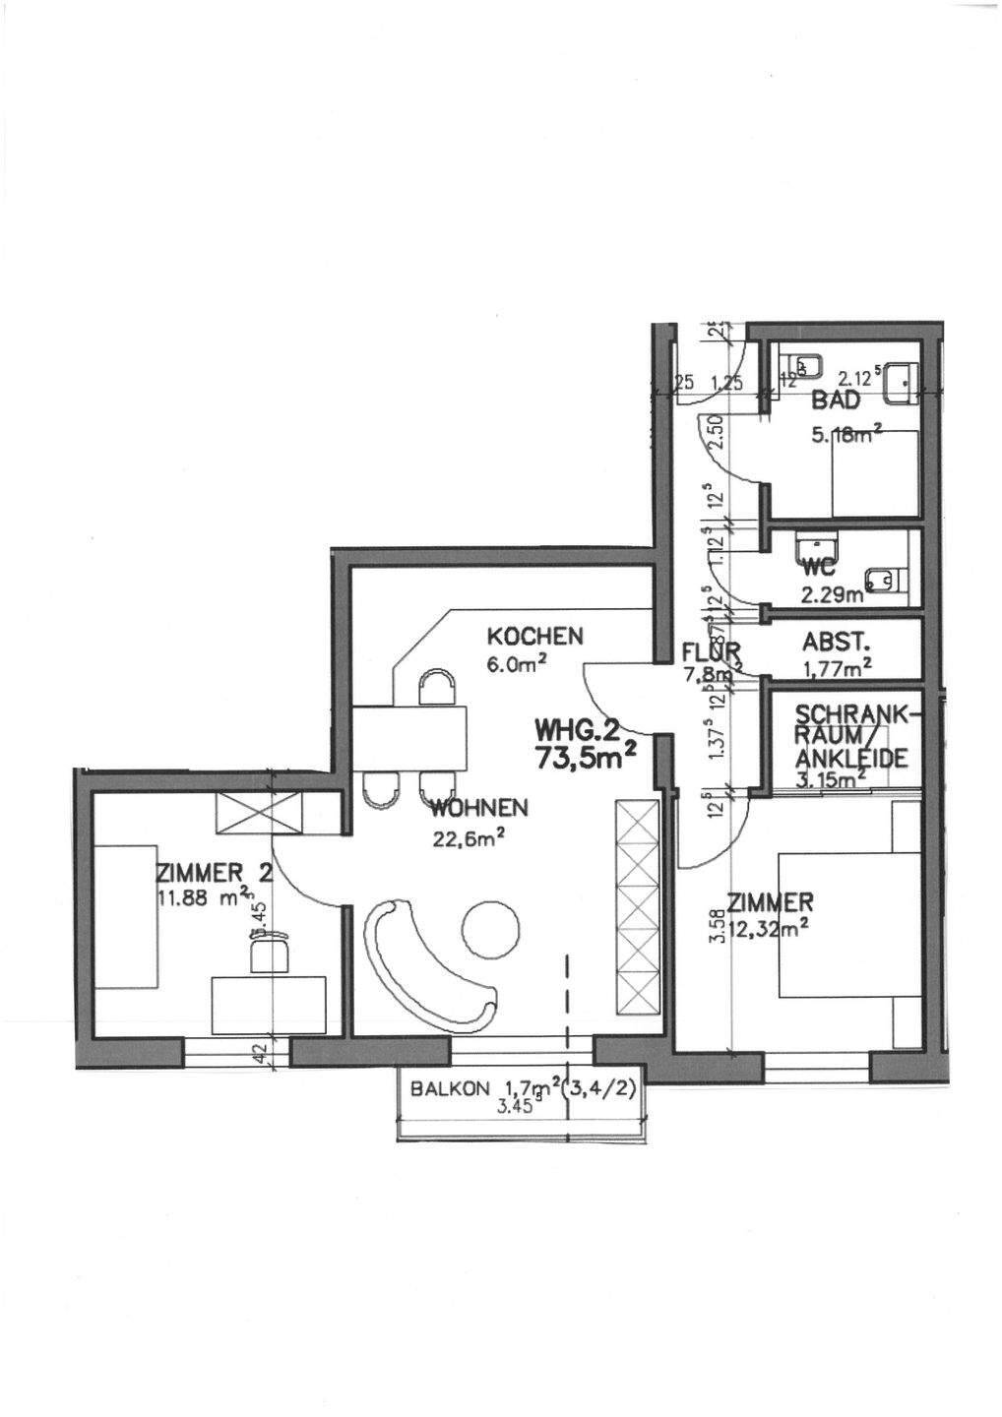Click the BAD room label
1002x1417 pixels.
point(836,400)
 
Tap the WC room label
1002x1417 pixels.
point(819,570)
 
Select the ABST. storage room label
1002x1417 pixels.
point(836,643)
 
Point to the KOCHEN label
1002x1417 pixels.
point(534,636)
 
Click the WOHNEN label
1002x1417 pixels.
point(479,809)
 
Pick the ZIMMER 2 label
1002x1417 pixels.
point(199,872)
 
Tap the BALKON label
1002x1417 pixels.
point(450,1089)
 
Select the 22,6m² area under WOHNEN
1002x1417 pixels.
point(469,838)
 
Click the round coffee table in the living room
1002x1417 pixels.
point(490,928)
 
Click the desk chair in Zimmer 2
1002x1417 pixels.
point(270,953)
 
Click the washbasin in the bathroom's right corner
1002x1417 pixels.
point(903,382)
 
